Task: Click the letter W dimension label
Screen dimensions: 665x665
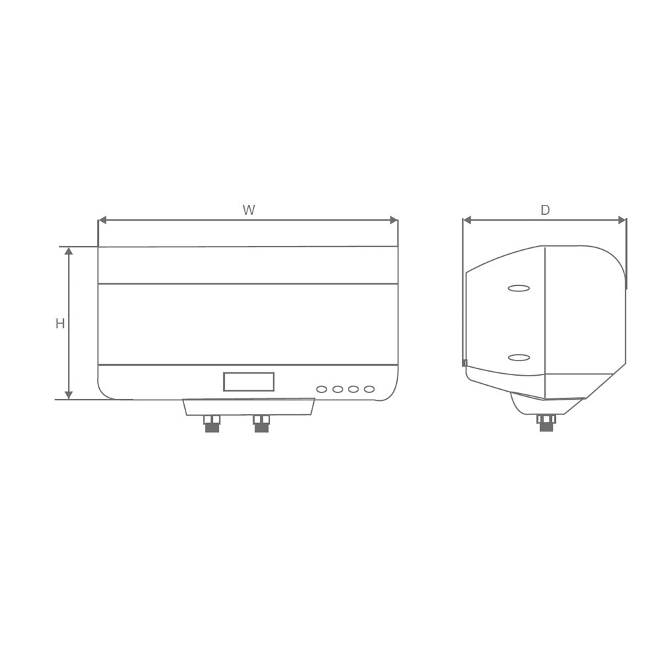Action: pos(249,210)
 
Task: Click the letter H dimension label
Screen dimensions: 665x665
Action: pos(60,324)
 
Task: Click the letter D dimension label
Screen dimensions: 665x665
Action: pos(545,210)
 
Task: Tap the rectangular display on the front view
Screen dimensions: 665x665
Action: pos(249,382)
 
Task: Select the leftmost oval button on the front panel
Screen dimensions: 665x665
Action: pos(322,389)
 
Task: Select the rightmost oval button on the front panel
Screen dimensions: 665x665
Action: pos(369,389)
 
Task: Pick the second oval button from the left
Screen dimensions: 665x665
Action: pos(338,389)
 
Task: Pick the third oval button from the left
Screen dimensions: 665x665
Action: pos(353,389)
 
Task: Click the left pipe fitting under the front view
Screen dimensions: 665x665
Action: pos(212,424)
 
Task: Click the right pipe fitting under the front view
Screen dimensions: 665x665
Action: pos(261,424)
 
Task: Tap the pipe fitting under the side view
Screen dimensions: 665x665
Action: pos(546,423)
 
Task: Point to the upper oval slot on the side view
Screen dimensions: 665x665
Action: pos(519,288)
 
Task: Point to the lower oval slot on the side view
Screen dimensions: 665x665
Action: pos(519,358)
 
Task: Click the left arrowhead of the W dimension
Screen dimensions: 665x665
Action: pos(102,220)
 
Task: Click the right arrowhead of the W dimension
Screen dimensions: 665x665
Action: pos(394,220)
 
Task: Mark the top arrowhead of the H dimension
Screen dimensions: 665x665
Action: pos(68,251)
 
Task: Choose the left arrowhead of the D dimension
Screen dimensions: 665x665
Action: pos(467,220)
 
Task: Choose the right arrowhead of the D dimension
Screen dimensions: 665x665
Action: pos(622,220)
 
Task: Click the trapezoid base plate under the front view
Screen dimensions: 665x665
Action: pos(249,407)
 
